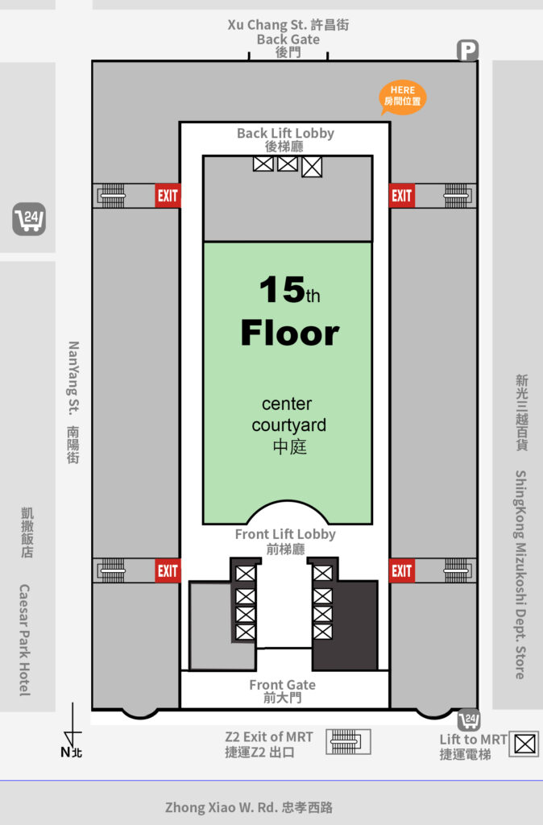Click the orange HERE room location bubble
point(403,97)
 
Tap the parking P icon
point(467,51)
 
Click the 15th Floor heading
point(290,312)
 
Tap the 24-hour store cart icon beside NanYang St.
point(29,219)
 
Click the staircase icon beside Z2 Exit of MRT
point(348,742)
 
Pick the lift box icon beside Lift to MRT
point(524,744)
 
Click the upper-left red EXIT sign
point(168,196)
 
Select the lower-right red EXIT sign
point(402,570)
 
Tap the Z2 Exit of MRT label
point(269,744)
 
